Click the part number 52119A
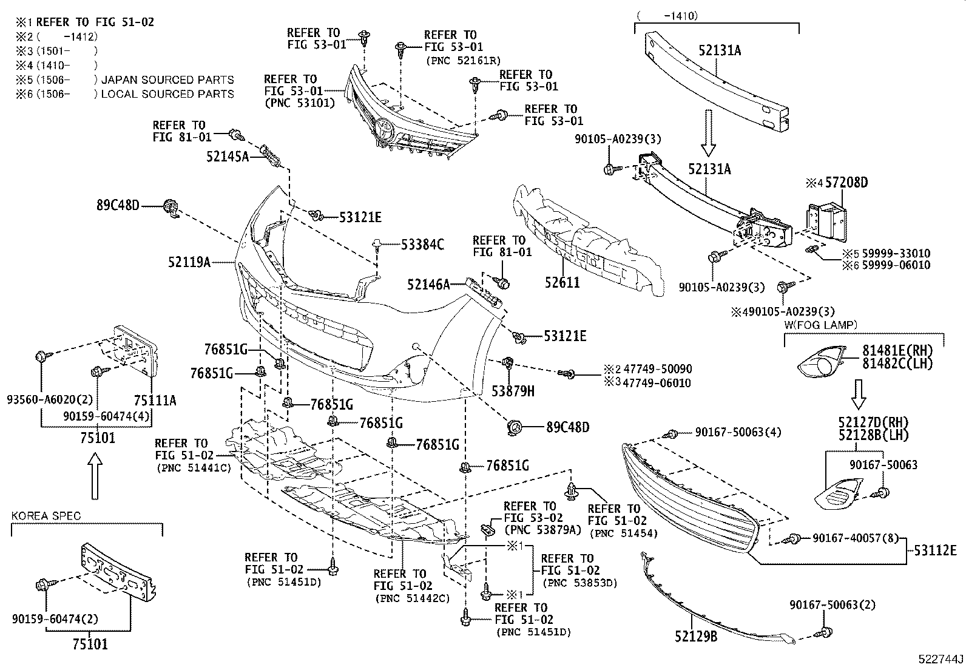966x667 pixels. [x=189, y=262]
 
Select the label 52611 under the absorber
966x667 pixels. [x=561, y=283]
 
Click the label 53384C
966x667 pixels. [x=422, y=245]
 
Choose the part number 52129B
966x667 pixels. [x=695, y=636]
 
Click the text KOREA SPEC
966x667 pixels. [x=46, y=516]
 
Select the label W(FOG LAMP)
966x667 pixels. [x=820, y=325]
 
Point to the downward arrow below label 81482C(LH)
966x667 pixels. [x=859, y=394]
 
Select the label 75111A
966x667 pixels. [x=155, y=401]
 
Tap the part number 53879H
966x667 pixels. [x=513, y=391]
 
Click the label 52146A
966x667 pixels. [x=428, y=284]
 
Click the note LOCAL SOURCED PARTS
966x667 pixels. [x=167, y=94]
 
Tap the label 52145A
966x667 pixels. [x=228, y=157]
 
